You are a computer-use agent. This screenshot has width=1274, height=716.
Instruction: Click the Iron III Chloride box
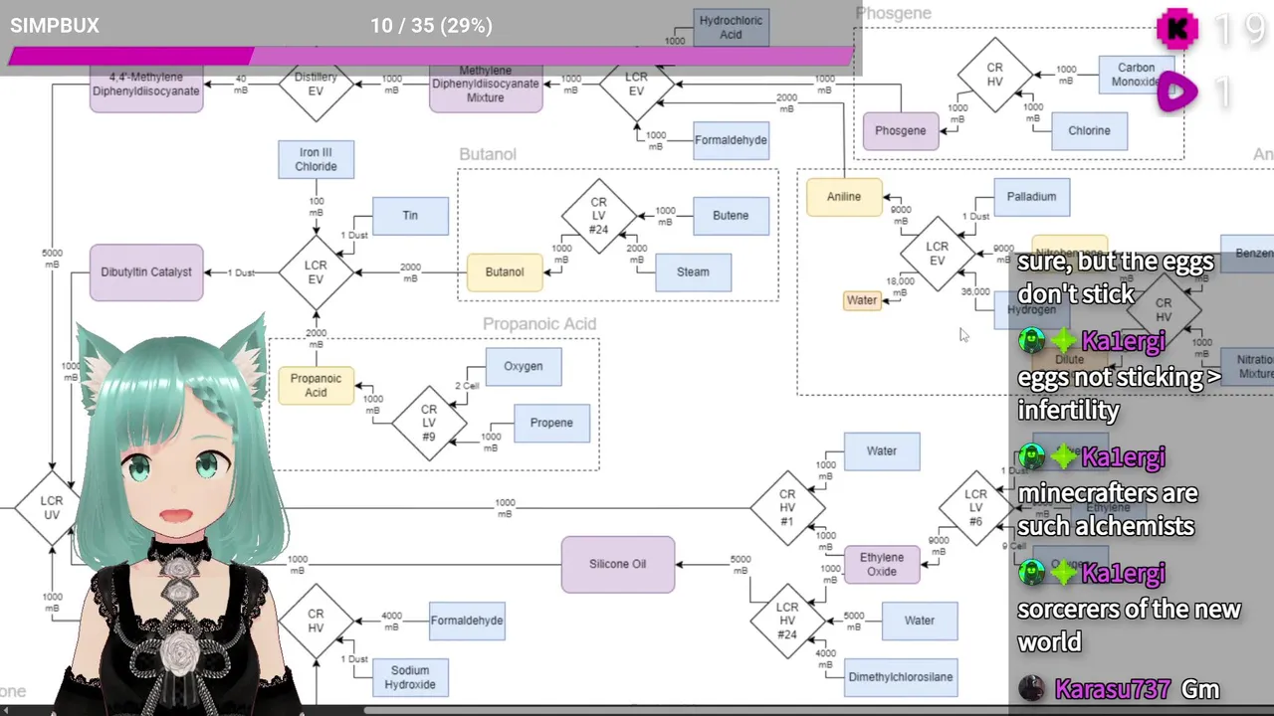[316, 160]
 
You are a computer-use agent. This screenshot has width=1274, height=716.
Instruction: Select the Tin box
[410, 216]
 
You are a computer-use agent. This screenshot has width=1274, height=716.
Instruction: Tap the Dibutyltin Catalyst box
[146, 272]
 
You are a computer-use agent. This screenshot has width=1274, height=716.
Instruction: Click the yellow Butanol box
[505, 272]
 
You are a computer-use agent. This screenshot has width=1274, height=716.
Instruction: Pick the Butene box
[731, 216]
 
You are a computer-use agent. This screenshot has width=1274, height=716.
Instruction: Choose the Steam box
[693, 272]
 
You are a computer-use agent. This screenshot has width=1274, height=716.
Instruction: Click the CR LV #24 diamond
[598, 216]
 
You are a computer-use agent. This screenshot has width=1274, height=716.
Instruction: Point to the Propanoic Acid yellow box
[316, 386]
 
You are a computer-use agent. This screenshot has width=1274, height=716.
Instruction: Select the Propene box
[551, 423]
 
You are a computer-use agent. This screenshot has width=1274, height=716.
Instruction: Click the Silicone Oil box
[617, 564]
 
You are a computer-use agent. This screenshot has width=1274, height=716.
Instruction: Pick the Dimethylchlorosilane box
[901, 677]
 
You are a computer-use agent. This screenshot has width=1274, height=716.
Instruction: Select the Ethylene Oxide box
[882, 564]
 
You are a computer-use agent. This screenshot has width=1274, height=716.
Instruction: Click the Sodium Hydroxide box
[410, 677]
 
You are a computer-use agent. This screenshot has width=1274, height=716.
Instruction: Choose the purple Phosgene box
[901, 131]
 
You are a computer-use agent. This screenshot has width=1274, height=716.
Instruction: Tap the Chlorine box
[1089, 131]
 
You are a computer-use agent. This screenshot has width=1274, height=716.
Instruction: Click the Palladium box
[1031, 197]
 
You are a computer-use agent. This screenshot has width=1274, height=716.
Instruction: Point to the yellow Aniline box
[844, 197]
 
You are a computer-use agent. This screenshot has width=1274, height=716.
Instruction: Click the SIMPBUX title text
[55, 26]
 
